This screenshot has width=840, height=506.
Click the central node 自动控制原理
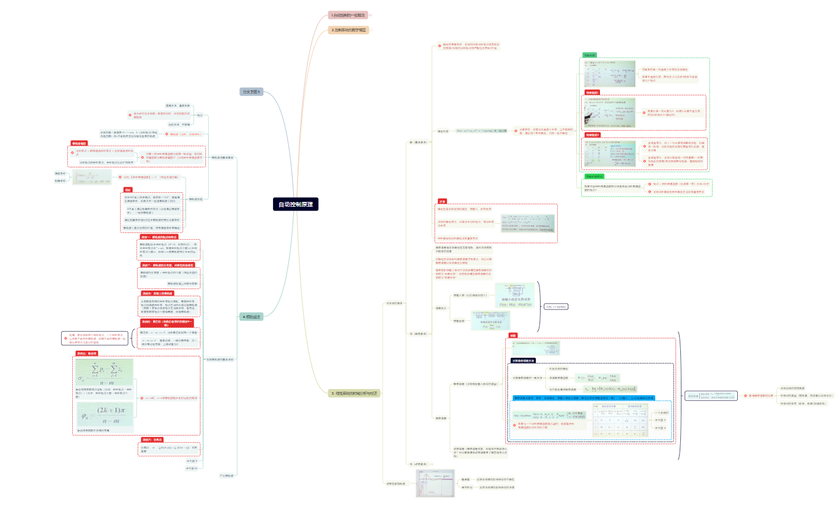coord(296,204)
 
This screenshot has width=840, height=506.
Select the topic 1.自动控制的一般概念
coord(348,15)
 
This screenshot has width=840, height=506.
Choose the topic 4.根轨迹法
coord(251,316)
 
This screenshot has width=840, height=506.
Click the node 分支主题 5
coord(251,92)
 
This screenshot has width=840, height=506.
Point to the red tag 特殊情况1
coord(592,92)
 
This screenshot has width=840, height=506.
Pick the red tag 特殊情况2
coord(592,135)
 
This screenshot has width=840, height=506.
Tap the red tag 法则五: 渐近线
coord(86,354)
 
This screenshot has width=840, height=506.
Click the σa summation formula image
coord(103,373)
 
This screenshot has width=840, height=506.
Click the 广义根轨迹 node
coord(227,475)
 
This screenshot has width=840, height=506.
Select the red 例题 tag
coord(513,336)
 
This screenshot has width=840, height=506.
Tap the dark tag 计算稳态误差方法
coord(524,360)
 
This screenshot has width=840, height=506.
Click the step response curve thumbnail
coord(435,483)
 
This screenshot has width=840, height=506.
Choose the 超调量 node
coord(466,479)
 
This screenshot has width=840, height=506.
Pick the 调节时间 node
coord(466,487)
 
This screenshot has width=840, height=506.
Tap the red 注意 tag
coord(442,201)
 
